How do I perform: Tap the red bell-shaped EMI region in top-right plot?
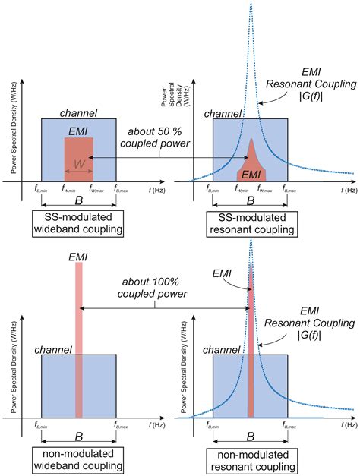click(x=251, y=163)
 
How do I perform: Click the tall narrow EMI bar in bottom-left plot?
click(x=78, y=342)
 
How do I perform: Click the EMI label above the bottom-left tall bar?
click(x=78, y=256)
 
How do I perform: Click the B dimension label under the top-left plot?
click(x=78, y=203)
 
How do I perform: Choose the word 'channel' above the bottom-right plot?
click(x=229, y=350)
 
